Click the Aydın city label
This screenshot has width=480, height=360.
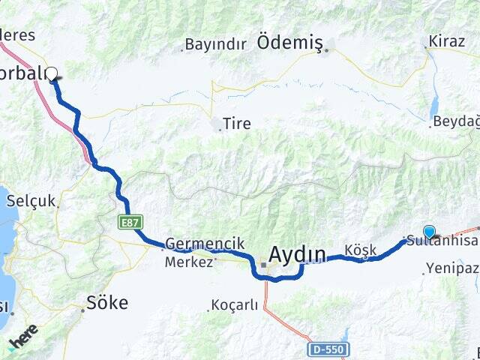(x=298, y=255)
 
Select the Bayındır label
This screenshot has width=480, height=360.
(x=215, y=44)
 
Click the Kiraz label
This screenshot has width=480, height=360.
(x=447, y=40)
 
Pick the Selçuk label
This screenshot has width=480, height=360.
(x=31, y=201)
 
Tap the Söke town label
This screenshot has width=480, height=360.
(x=107, y=303)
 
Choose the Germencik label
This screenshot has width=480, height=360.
(x=194, y=244)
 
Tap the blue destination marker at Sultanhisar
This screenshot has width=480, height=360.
(x=429, y=232)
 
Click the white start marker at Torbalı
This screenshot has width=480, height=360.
(x=52, y=73)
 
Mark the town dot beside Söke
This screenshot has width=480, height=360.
(x=83, y=308)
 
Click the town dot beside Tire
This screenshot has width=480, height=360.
(x=220, y=129)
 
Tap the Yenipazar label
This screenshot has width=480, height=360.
(x=453, y=268)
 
